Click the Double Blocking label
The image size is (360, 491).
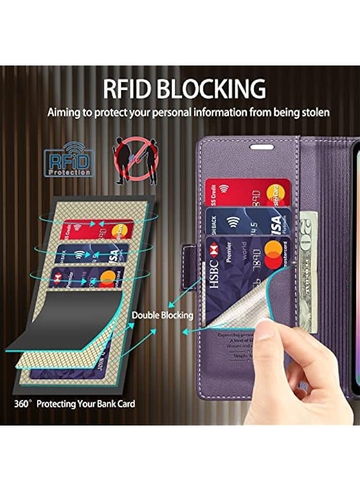[x=162, y=315]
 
